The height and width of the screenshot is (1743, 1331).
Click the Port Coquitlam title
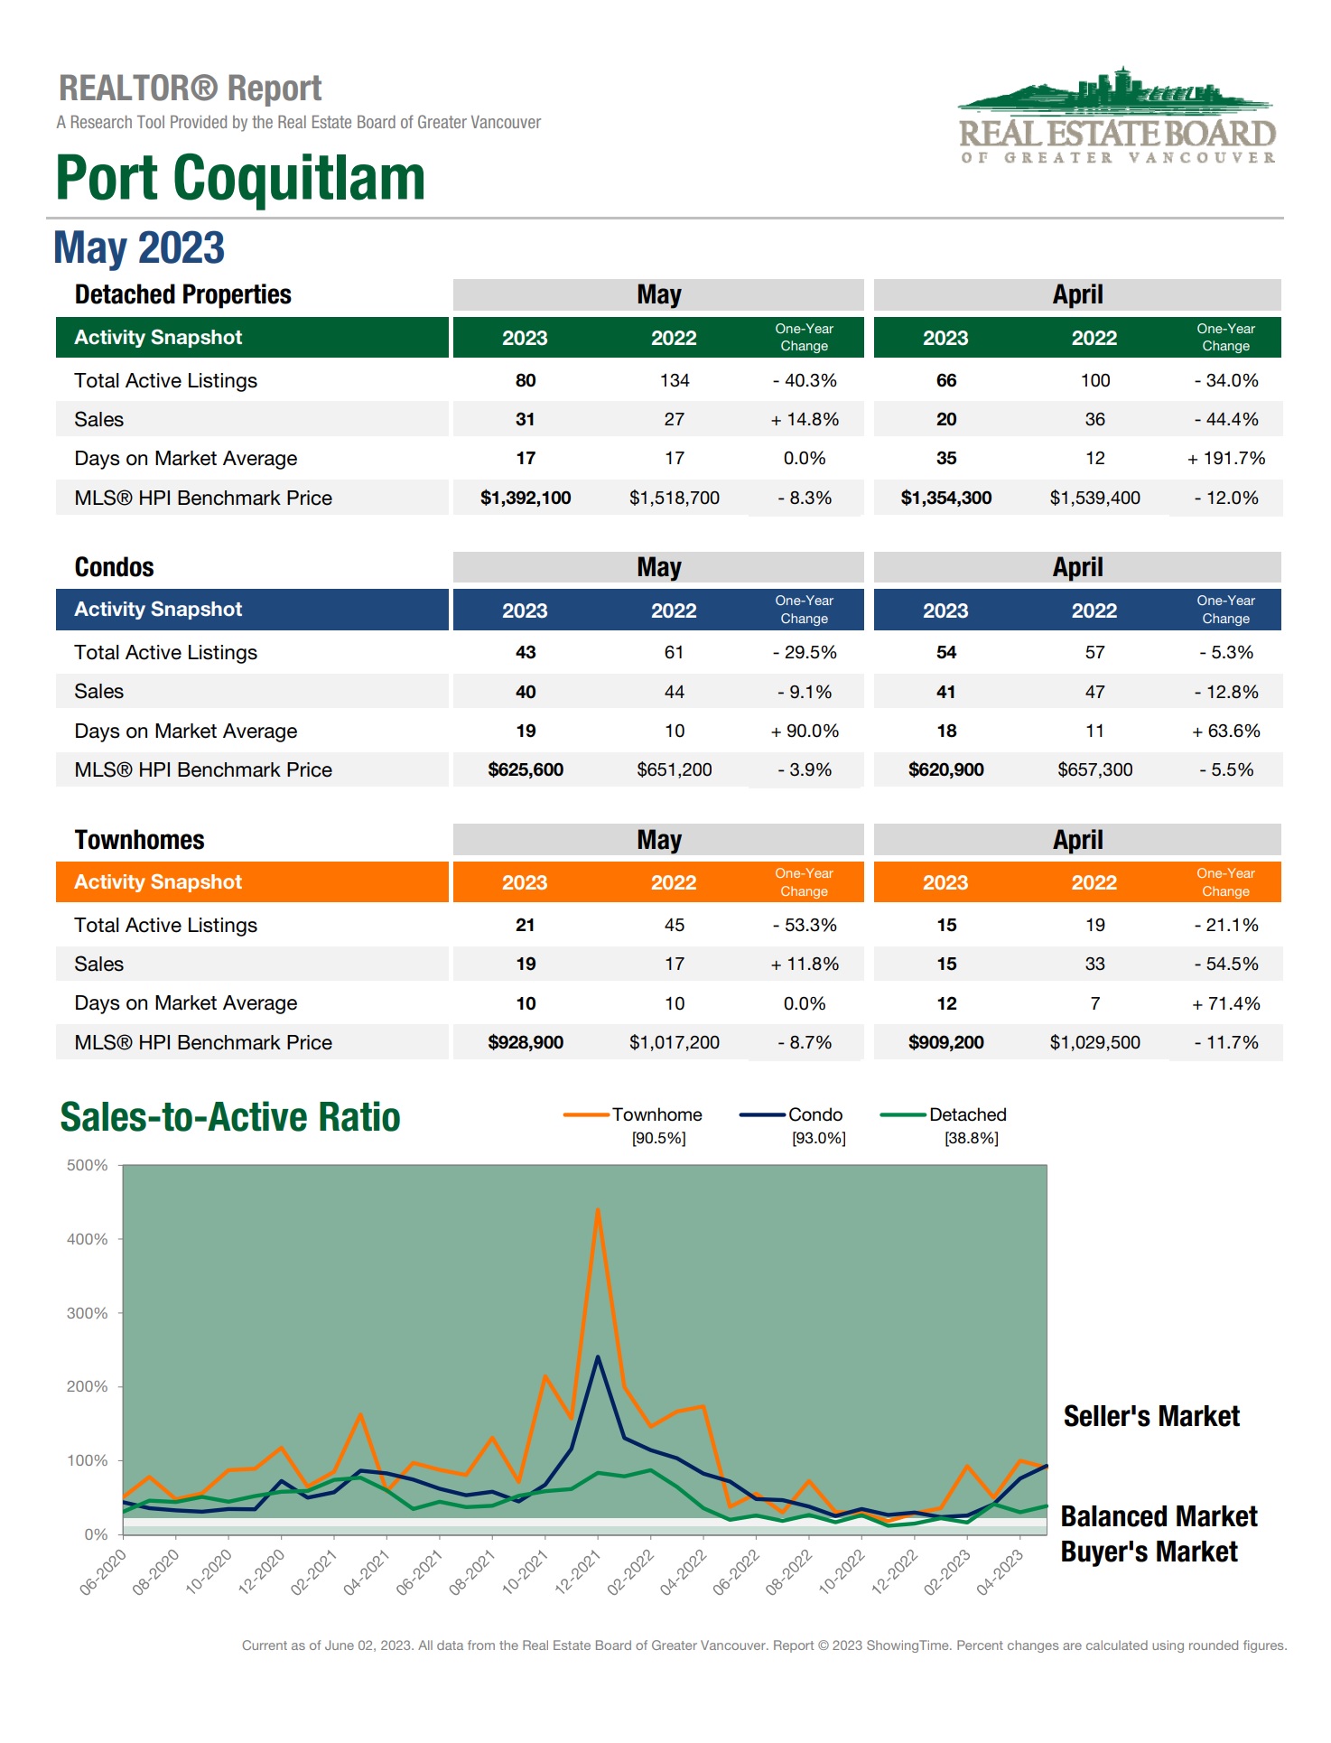(x=239, y=178)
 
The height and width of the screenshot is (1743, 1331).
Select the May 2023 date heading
(x=139, y=247)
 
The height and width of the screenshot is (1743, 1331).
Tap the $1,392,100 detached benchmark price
(x=525, y=498)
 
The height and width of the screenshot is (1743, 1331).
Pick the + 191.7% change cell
(x=1225, y=459)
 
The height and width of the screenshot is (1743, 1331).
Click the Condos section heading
(x=115, y=567)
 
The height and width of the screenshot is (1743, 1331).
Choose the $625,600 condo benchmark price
(x=525, y=770)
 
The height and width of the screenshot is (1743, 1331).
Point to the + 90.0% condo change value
(x=804, y=732)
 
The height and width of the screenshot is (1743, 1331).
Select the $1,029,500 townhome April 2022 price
(x=1094, y=1043)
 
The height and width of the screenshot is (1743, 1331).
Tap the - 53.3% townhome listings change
(x=804, y=926)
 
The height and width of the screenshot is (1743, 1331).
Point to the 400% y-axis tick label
(x=87, y=1239)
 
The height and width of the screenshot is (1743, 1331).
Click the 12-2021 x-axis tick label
(x=578, y=1572)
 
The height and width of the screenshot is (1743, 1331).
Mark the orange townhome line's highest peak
(x=598, y=1210)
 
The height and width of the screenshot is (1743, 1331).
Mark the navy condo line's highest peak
(x=598, y=1357)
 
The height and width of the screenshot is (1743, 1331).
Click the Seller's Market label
(x=1151, y=1416)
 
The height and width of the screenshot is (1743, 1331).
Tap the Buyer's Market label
(x=1149, y=1552)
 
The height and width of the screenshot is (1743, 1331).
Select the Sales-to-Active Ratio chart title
(x=229, y=1117)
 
